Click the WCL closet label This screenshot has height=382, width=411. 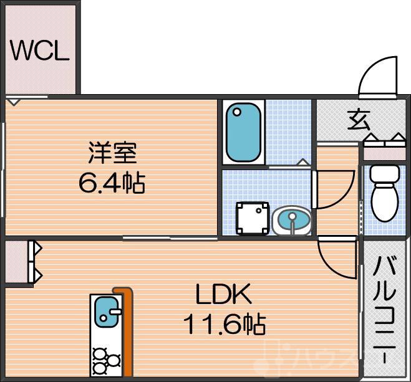[39, 52]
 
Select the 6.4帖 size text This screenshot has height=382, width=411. [112, 183]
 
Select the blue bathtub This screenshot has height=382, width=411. [242, 132]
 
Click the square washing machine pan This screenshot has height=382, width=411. [253, 219]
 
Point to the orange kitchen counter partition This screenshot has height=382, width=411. [125, 330]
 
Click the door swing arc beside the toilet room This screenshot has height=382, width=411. [334, 191]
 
